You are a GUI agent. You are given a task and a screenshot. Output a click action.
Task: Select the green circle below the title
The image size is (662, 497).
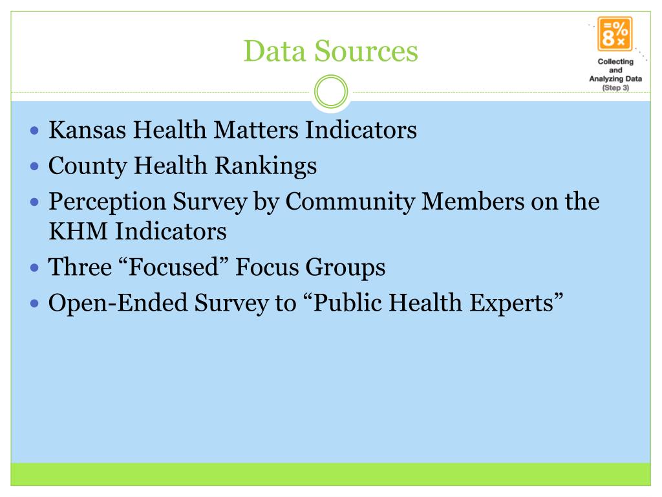pyautogui.click(x=330, y=93)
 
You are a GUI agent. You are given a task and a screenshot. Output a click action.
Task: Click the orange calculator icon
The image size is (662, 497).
pyautogui.click(x=615, y=34)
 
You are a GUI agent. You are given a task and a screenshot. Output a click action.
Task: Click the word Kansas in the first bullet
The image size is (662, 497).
pyautogui.click(x=87, y=131)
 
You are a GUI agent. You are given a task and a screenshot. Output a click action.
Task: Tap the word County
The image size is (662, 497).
pyautogui.click(x=87, y=166)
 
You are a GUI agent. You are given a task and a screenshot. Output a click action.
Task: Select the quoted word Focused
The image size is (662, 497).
pyautogui.click(x=173, y=267)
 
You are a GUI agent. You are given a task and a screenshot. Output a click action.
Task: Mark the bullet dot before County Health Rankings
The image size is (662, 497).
pyautogui.click(x=36, y=167)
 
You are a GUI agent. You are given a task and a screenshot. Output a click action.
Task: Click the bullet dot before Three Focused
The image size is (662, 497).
pyautogui.click(x=36, y=267)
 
